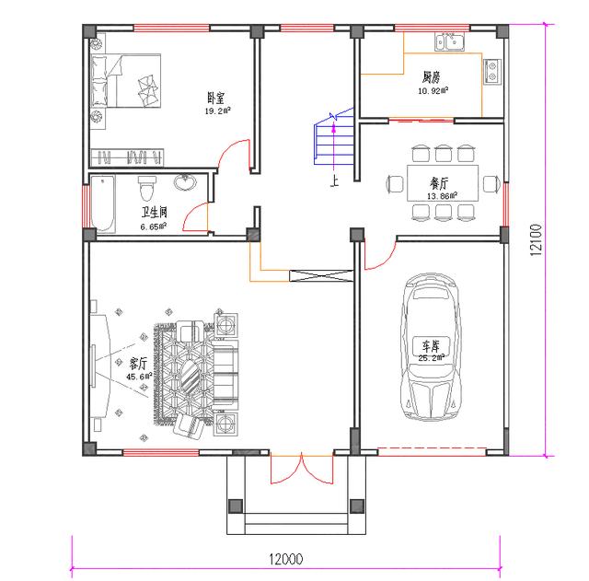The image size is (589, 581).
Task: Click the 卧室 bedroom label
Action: (216, 99)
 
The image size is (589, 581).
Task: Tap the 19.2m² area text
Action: (217, 110)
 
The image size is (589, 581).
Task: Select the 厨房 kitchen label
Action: (431, 77)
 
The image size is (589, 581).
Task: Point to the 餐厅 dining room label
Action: (439, 183)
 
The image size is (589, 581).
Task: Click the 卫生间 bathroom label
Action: (155, 213)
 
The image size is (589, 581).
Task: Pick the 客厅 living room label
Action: (138, 364)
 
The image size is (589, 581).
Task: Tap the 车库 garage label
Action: (431, 345)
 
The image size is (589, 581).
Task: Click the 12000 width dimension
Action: (286, 559)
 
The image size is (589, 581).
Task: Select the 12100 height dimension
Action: (537, 240)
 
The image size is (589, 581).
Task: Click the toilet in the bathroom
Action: (146, 188)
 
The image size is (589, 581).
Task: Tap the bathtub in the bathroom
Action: (103, 203)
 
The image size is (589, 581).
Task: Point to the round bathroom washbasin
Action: (185, 182)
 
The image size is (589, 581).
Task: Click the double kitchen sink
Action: (450, 41)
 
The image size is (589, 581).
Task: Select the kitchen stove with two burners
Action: (492, 72)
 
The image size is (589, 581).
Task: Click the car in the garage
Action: (431, 346)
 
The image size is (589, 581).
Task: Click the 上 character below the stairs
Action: (334, 180)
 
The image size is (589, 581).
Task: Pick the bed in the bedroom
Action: (126, 81)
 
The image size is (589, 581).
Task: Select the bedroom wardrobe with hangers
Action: (127, 157)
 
